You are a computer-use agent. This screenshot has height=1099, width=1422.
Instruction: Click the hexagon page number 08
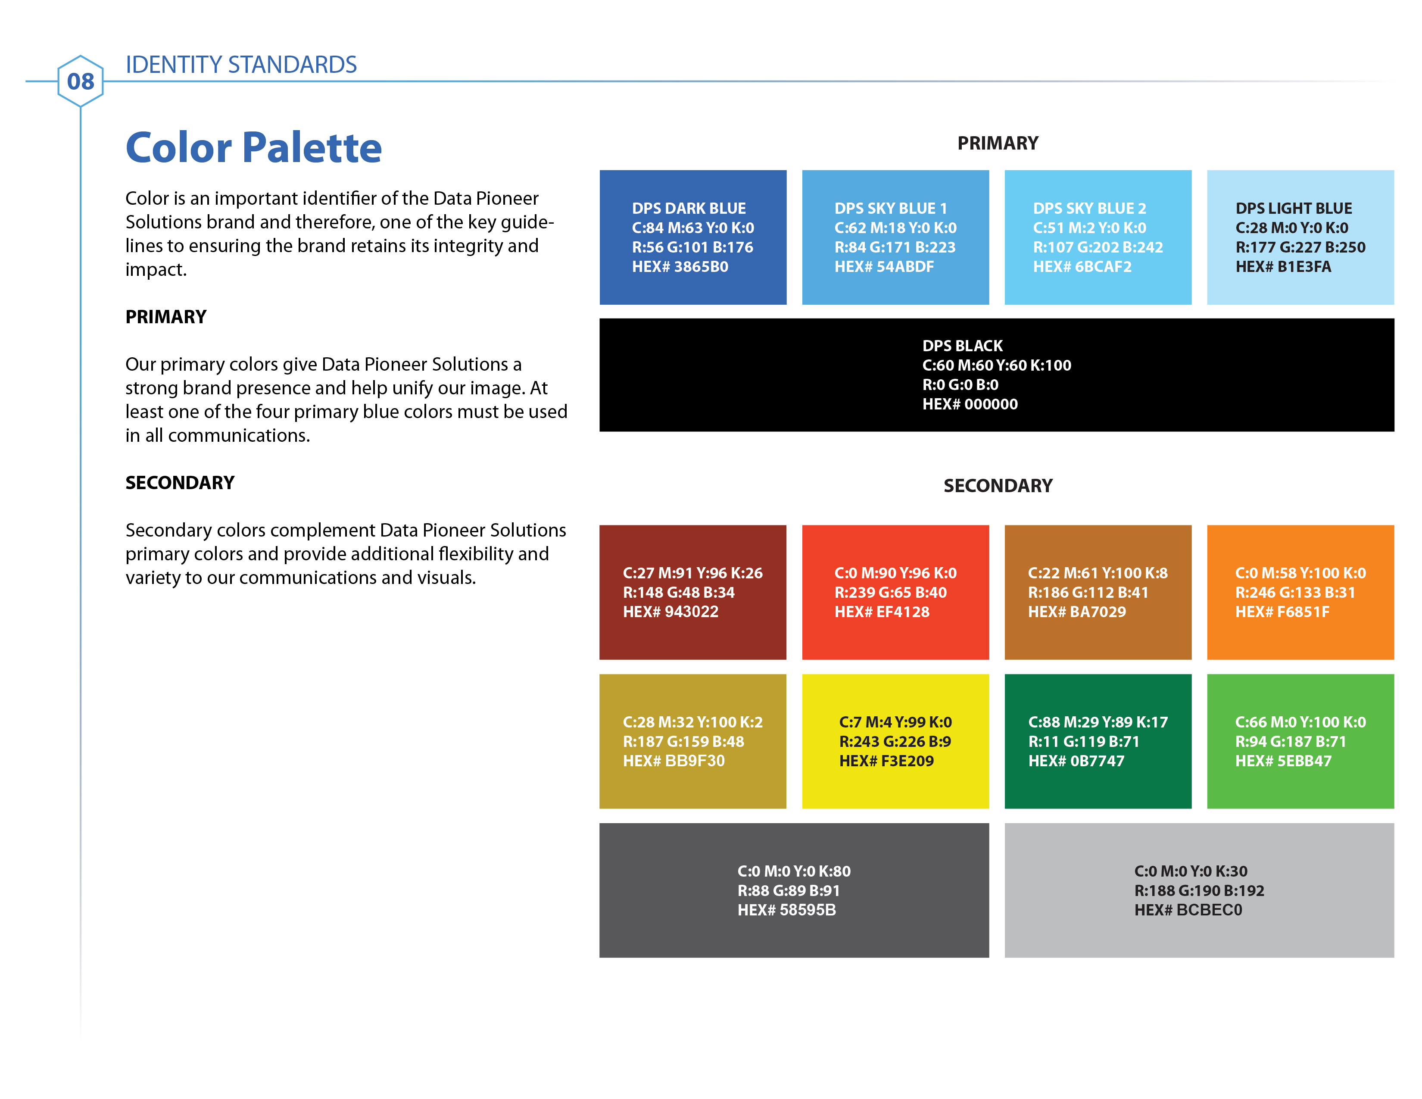coord(80,81)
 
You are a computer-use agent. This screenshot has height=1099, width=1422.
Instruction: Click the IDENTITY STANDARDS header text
coord(241,65)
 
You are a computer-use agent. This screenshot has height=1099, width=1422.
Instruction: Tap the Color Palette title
coord(253,148)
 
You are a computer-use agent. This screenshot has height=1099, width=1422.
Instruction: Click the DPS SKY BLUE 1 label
coord(891,208)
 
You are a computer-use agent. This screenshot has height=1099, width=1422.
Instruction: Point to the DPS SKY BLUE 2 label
coord(1089,208)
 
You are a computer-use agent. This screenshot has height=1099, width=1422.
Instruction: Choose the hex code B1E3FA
coord(1283,266)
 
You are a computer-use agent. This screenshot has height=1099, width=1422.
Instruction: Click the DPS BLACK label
coord(962,346)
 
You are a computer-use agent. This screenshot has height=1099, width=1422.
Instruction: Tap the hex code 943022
coord(670,612)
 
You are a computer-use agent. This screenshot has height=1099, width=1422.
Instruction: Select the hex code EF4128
coord(882,612)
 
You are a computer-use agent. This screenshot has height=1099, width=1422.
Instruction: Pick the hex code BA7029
coord(1077,612)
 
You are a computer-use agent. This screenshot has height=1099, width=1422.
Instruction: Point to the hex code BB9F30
coord(674,760)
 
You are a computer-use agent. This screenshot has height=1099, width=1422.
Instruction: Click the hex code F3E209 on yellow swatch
coord(886,760)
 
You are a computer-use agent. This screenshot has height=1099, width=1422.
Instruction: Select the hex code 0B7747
coord(1076,760)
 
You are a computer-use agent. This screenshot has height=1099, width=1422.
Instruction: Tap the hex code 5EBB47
coord(1283,760)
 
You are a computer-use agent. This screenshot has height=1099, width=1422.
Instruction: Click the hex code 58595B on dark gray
coord(786,909)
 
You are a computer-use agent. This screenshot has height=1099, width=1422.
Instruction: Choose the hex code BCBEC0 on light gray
coord(1188,909)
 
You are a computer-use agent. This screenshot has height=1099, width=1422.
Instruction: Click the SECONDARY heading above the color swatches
coord(998,486)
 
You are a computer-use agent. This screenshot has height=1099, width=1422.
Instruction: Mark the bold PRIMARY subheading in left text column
coord(166,317)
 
